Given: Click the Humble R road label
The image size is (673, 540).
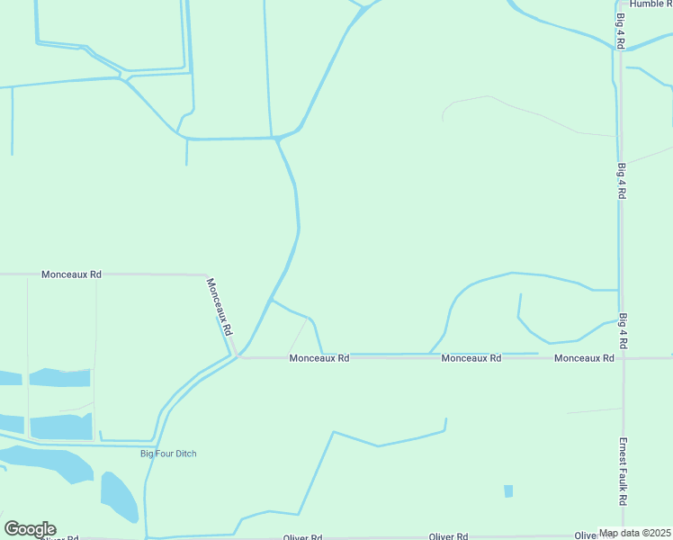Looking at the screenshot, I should point(651,4).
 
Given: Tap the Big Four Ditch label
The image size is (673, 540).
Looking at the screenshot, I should point(168,454).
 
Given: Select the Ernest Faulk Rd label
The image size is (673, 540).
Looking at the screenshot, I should point(622,472).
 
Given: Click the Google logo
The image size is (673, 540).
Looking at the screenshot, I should point(30,529).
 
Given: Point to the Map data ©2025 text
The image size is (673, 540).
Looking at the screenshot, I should point(635,534).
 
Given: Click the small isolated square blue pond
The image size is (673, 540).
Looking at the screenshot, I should point(508,491).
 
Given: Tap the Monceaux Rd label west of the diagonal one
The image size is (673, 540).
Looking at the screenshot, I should point(71,274).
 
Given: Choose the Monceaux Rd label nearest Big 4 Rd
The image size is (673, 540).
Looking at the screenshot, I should point(584,358).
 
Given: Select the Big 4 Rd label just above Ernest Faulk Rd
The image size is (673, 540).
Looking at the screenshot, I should point(623,331).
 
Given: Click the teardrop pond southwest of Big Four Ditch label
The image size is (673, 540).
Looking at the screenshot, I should point(118,495).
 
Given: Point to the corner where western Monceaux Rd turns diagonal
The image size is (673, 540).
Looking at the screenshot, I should point(207,275).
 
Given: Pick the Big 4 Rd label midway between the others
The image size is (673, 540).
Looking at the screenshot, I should point(621,181).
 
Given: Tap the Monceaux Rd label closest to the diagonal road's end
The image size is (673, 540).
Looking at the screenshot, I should point(319,358).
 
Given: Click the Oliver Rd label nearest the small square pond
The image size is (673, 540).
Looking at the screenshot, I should point(447,537).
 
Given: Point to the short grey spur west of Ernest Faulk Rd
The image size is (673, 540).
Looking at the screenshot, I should point(594,411).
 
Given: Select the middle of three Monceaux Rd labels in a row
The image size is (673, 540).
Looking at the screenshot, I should point(471,358).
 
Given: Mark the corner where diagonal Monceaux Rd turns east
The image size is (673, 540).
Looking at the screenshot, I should point(237,356).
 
